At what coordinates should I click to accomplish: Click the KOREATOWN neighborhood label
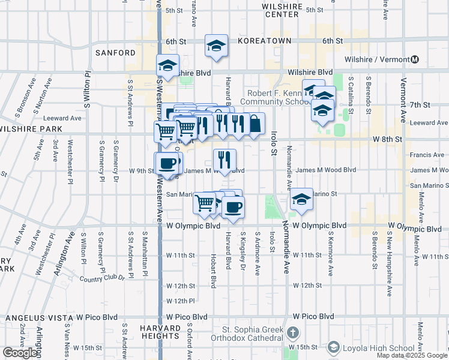tap(264, 41)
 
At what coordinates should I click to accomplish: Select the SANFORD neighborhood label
tap(116, 53)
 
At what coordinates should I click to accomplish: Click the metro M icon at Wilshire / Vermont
tap(415, 60)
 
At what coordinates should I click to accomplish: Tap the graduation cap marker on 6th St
tap(216, 46)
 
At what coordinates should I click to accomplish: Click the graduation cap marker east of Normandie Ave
tap(301, 200)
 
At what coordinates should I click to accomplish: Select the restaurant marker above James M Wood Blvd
tap(224, 160)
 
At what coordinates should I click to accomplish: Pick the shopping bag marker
tap(255, 123)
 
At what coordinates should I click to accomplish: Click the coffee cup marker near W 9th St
tap(167, 163)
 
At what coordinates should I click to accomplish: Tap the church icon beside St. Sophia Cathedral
tap(292, 332)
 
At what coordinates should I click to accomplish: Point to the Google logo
tap(20, 353)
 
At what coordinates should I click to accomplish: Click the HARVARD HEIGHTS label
tap(161, 332)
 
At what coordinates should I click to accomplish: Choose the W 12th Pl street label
tap(181, 301)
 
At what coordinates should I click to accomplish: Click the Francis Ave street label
tap(427, 155)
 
